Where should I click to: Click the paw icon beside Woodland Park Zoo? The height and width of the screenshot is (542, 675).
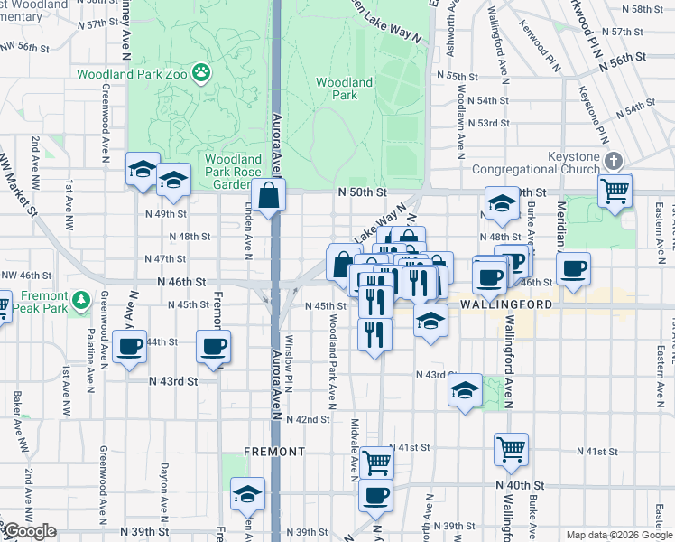point(202,74)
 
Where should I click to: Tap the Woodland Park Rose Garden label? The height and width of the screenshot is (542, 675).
point(233,172)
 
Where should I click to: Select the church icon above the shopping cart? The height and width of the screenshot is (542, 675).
point(614,161)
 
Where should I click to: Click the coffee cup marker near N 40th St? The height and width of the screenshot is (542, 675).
point(375,495)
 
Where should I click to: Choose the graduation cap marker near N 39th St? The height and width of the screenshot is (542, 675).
point(246,495)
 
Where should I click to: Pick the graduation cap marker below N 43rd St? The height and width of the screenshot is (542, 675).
point(465,390)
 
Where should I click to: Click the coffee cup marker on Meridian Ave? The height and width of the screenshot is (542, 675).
point(573,269)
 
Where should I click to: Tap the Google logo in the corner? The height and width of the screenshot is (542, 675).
point(30,532)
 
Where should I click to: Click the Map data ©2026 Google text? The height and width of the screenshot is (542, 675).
point(618,535)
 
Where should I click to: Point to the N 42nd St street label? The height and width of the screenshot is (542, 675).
point(308,419)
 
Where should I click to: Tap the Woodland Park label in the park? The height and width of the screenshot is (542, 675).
point(344,88)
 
